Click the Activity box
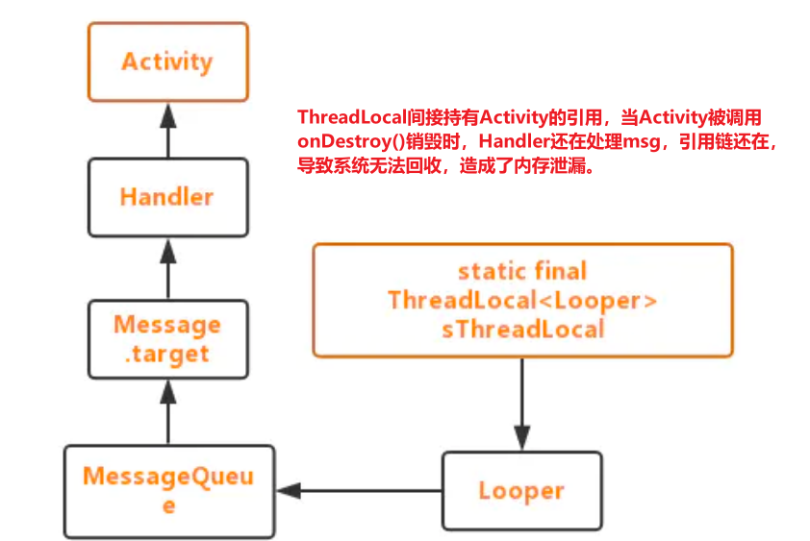click(167, 61)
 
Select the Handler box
click(167, 197)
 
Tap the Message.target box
click(167, 338)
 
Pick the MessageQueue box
click(168, 490)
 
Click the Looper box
click(521, 491)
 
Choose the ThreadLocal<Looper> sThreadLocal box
click(522, 300)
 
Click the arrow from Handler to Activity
click(168, 129)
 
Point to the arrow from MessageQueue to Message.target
click(168, 410)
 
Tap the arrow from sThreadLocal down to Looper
click(521, 404)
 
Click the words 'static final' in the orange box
click(522, 271)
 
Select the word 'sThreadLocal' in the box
click(522, 329)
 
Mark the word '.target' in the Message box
click(167, 353)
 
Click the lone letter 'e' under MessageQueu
click(168, 505)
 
